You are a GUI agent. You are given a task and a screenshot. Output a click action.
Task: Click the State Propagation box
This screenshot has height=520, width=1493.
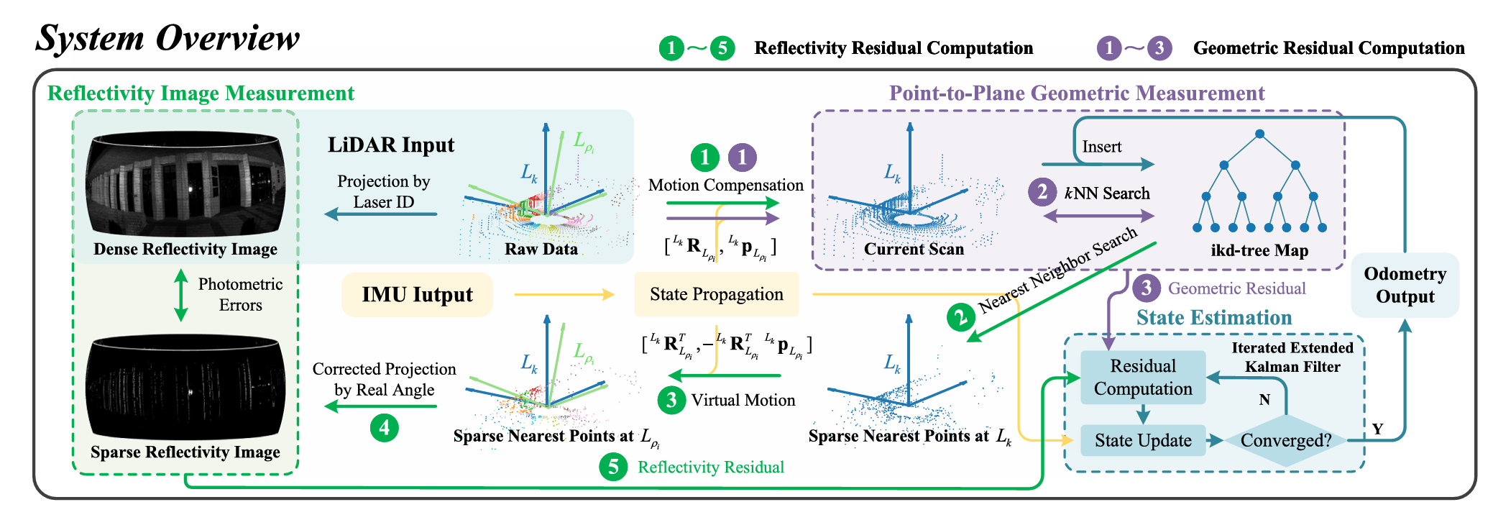coord(716,294)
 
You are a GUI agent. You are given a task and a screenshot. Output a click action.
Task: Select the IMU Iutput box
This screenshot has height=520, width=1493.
coord(417,295)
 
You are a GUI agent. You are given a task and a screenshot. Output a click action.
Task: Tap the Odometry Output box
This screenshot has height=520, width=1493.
coord(1405,286)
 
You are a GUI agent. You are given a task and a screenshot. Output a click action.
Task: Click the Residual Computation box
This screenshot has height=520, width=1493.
coord(1143,378)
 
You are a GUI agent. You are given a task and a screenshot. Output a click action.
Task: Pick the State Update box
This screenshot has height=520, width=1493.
coord(1143,440)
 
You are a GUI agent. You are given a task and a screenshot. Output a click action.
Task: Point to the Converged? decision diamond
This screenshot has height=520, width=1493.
coord(1286,440)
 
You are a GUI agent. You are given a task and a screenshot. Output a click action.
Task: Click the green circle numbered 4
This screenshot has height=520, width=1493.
coord(385,428)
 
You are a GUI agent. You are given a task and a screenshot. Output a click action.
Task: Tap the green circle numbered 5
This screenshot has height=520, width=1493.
coord(613,467)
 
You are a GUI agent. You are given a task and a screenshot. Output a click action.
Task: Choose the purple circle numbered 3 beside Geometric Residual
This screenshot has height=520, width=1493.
coord(1147,288)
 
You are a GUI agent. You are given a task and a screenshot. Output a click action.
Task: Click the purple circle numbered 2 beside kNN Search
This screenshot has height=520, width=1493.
coord(1042,193)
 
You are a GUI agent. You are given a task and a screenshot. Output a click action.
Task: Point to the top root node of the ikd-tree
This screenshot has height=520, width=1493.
coord(1259,134)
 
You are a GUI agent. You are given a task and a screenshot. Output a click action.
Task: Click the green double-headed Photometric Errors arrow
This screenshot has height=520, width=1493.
coord(181,295)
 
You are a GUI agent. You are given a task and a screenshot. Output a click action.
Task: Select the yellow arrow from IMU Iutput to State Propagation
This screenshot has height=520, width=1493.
coord(564,294)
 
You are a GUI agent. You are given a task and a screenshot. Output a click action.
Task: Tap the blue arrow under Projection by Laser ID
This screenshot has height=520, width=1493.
coord(381,214)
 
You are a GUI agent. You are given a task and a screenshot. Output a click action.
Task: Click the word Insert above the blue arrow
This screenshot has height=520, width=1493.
coord(1101,147)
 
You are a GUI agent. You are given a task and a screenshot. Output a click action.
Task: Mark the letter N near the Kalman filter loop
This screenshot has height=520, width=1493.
coord(1264,400)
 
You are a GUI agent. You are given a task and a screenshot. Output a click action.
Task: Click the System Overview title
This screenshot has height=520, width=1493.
coord(167,38)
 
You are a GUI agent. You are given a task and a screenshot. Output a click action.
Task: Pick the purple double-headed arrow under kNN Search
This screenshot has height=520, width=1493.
coord(1098,215)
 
